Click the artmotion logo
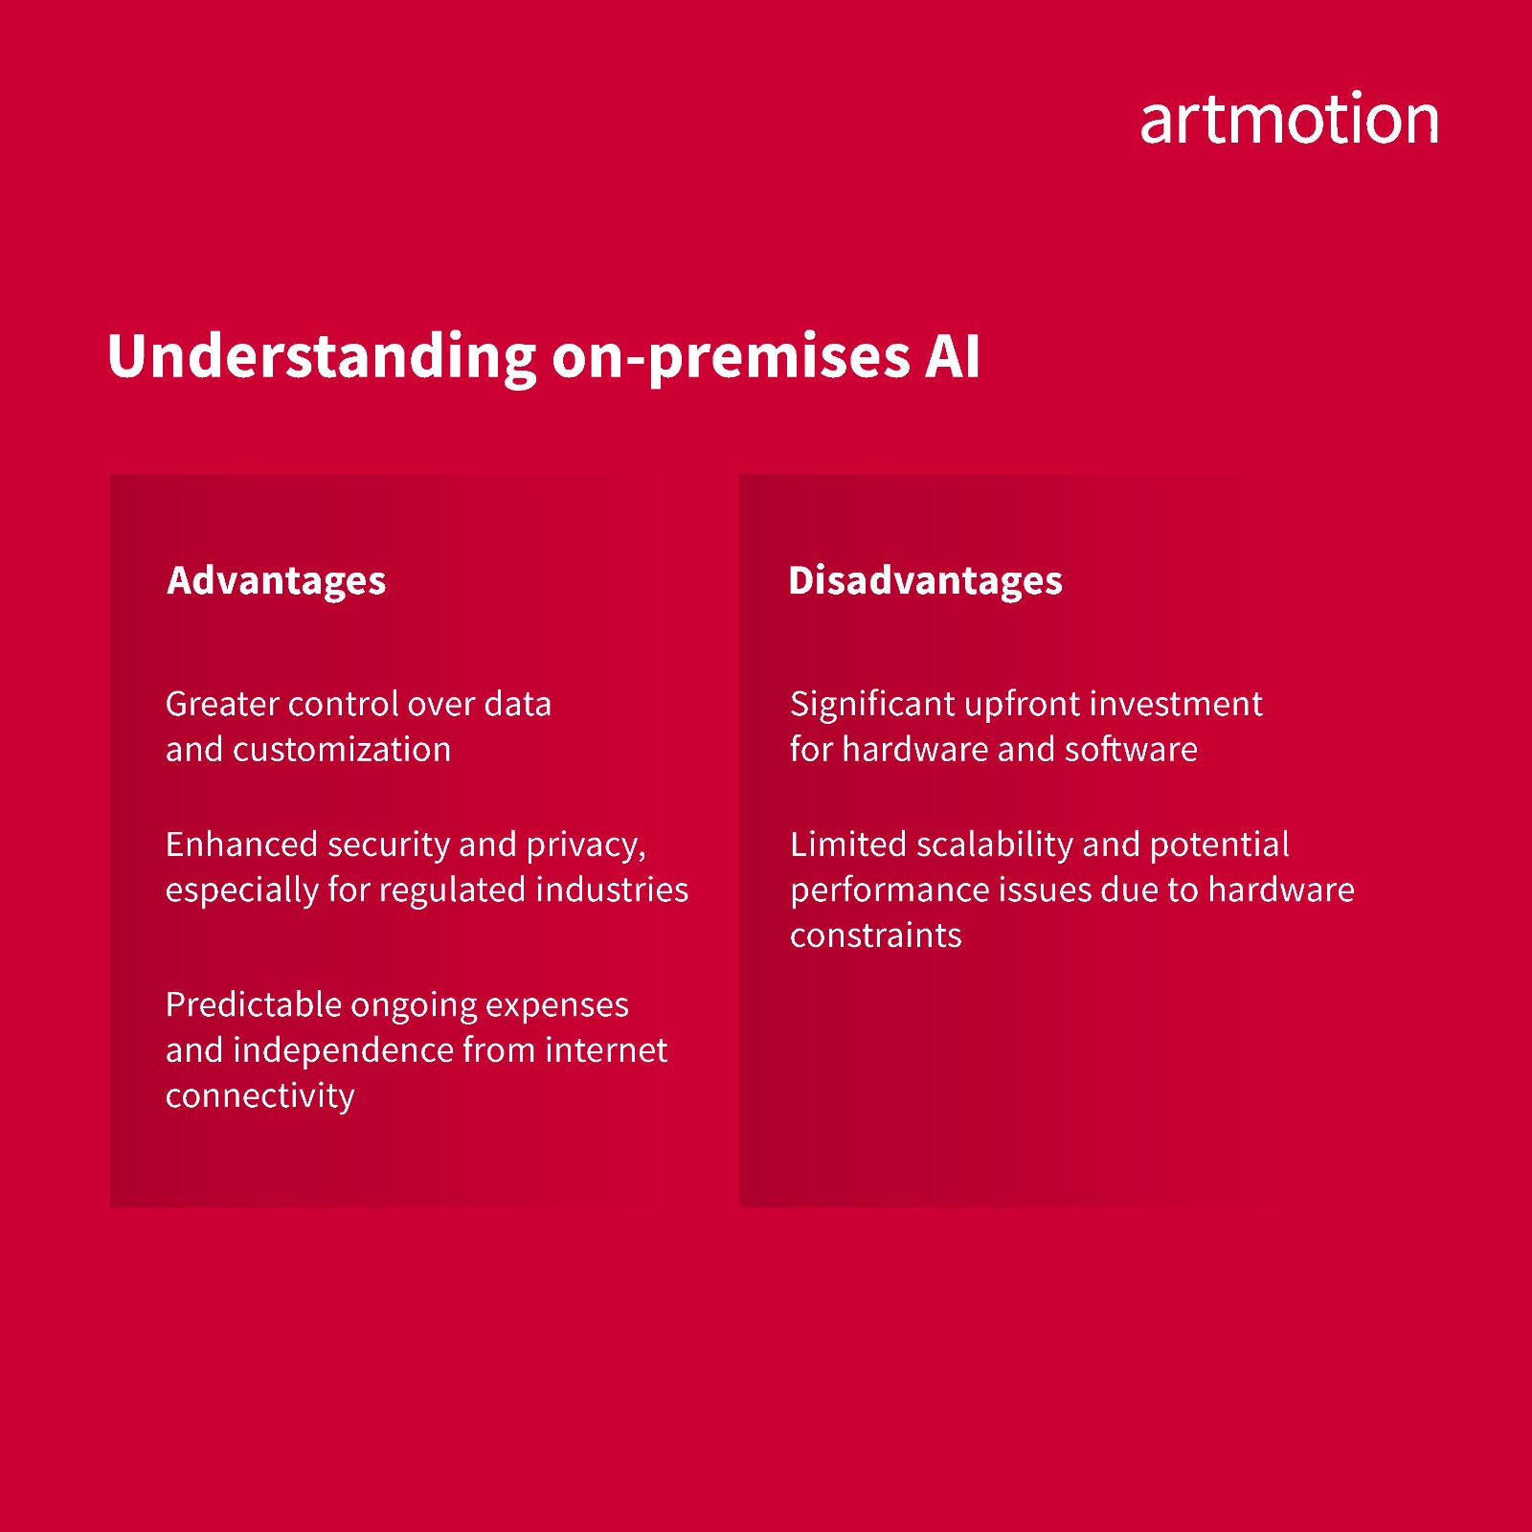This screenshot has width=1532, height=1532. (1289, 120)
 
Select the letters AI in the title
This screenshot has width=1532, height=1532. (953, 357)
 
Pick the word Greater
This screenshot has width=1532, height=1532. (222, 704)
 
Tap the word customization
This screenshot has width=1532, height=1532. (342, 749)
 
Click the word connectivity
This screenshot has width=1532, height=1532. (259, 1096)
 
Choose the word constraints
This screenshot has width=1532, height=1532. (875, 935)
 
